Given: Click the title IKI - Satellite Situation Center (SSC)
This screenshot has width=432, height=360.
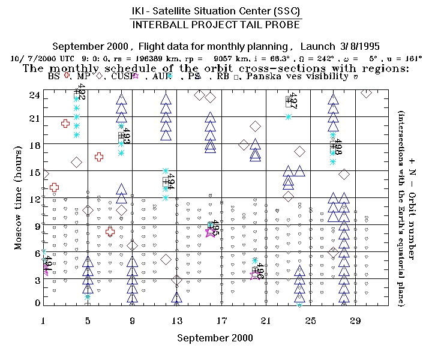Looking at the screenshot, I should (x=216, y=12).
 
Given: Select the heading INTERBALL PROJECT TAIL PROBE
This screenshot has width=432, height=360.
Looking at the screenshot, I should (x=216, y=25).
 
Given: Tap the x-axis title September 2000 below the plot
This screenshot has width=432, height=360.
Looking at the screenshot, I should (x=215, y=338).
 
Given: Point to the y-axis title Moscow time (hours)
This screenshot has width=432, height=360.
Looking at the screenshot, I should (x=18, y=198).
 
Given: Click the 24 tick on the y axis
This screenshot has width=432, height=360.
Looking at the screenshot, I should (x=34, y=95).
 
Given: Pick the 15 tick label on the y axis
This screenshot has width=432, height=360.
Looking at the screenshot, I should (x=34, y=171).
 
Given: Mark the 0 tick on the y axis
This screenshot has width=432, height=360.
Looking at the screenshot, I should (x=37, y=303).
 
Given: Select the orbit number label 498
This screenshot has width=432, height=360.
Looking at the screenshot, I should (x=338, y=148).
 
